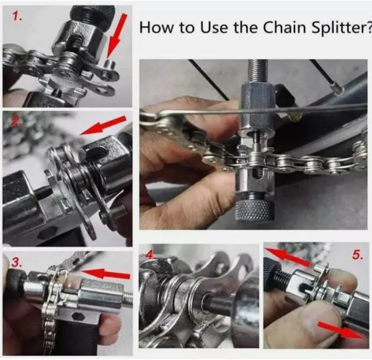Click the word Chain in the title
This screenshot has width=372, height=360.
[x=285, y=27]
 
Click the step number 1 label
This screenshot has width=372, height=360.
[x=17, y=17]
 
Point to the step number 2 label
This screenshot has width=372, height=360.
[x=15, y=120]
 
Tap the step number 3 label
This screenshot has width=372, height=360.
[x=16, y=262]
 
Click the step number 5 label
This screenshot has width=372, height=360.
[x=358, y=255]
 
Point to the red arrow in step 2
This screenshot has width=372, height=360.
[x=103, y=125]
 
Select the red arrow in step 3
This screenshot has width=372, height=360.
[x=106, y=273]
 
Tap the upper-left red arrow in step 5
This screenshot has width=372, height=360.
[x=288, y=257]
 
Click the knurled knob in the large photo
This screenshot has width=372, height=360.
[x=254, y=209]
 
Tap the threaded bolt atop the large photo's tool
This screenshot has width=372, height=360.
[x=258, y=72]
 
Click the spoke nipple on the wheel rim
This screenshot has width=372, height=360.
[x=338, y=90]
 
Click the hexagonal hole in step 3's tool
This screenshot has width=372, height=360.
[x=77, y=316]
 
